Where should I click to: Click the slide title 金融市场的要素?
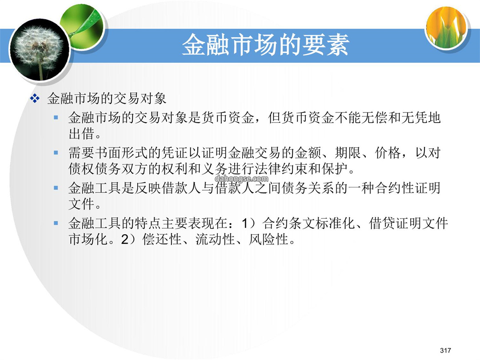(265, 45)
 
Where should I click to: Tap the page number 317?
(445, 350)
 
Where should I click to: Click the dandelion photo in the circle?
(39, 50)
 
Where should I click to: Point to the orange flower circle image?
(447, 28)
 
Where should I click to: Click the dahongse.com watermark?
(241, 179)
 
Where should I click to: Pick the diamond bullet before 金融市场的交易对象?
(35, 99)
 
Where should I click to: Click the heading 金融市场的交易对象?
(107, 99)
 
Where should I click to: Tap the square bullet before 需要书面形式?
(56, 152)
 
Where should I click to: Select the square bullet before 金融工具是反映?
(56, 188)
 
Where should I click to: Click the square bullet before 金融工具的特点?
(56, 223)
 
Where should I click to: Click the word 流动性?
(215, 240)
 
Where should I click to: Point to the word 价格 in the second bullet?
(388, 152)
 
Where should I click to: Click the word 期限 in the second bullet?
(348, 152)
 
